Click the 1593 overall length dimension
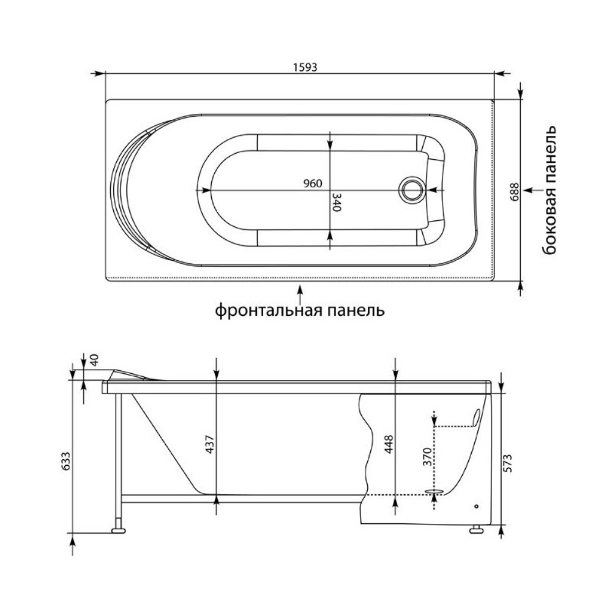point(304,67)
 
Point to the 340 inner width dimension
point(336,201)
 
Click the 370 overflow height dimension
point(427,457)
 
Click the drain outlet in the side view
point(435,491)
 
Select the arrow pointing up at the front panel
point(300,293)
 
